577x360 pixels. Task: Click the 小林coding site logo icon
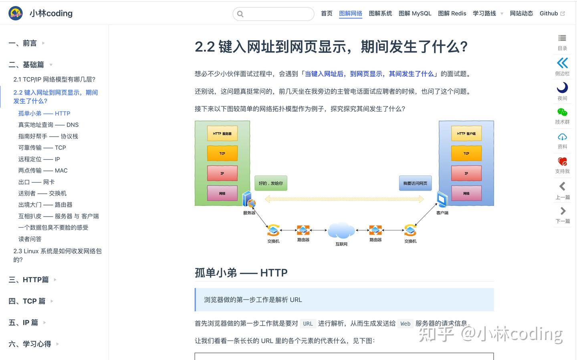[x=16, y=13]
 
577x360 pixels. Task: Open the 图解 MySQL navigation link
[x=415, y=13]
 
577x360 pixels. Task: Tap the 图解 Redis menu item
[x=452, y=13]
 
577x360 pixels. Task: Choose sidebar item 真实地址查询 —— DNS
[x=48, y=125]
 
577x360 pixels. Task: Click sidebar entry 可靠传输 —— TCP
[x=42, y=148]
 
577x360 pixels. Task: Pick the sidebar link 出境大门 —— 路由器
[x=45, y=205]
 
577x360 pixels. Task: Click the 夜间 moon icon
[x=562, y=87]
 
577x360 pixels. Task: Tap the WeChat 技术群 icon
[x=562, y=112]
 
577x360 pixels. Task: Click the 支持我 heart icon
[x=562, y=161]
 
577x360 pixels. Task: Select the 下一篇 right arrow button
[x=563, y=211]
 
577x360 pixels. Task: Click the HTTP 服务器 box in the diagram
[x=222, y=133]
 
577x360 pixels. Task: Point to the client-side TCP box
[x=466, y=153]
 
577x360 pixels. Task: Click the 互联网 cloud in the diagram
[x=341, y=230]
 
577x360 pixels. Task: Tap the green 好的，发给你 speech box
[x=271, y=183]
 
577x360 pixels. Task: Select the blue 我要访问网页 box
[x=415, y=183]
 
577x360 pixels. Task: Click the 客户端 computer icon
[x=442, y=199]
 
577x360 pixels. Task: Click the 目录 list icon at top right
[x=562, y=38]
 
